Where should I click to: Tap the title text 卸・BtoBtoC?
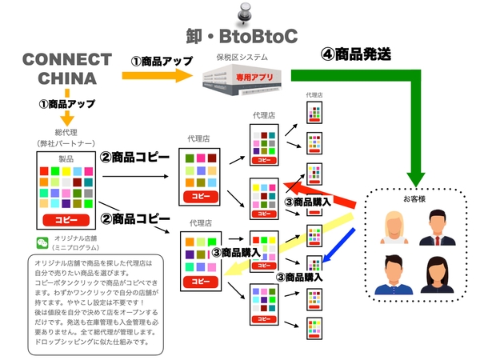(x=240, y=36)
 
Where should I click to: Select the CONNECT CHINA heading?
(x=67, y=70)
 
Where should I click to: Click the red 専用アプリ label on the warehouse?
(x=257, y=76)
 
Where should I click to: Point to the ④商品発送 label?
(x=357, y=55)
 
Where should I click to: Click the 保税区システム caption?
(x=242, y=58)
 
